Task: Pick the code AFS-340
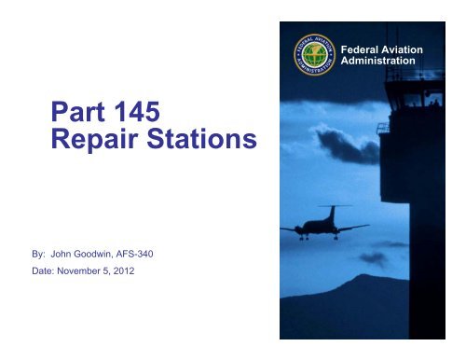point(152,251)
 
